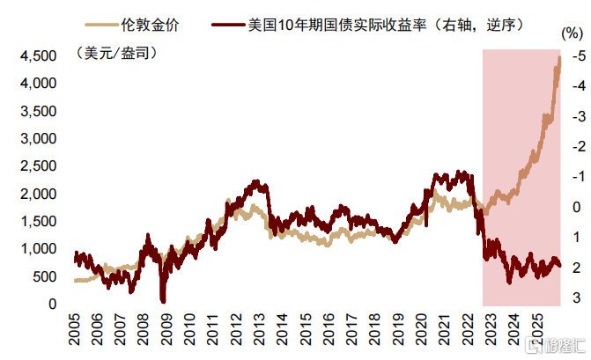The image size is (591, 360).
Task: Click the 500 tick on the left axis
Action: [44, 276]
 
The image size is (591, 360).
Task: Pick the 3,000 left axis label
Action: [38, 138]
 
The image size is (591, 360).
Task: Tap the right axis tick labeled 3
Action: [577, 298]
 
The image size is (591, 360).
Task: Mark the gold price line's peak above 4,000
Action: [560, 57]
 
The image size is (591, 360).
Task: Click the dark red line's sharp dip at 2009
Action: [163, 299]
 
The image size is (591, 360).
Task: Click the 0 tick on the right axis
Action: [577, 208]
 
